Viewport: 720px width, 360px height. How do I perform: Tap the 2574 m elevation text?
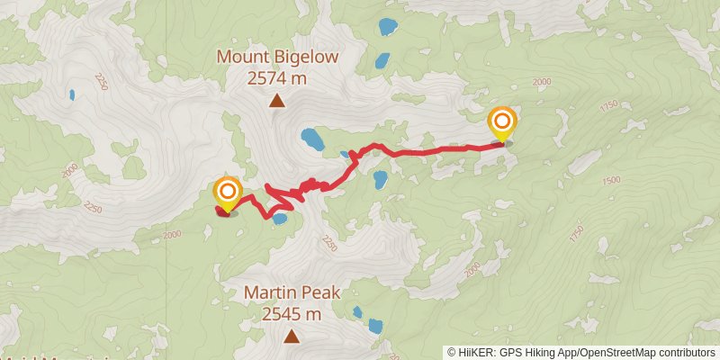(x=278, y=78)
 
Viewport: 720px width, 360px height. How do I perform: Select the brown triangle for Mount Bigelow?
(x=277, y=101)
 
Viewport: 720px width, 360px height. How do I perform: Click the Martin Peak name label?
(x=292, y=294)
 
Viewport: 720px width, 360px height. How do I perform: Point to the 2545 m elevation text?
(x=292, y=314)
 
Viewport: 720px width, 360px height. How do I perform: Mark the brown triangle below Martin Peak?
(x=292, y=337)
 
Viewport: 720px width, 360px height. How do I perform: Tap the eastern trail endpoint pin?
(x=501, y=122)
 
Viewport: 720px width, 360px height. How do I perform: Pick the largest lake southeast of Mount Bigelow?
(x=312, y=139)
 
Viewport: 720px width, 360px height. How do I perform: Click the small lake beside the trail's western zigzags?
(x=280, y=218)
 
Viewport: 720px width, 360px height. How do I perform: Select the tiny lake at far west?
(x=71, y=94)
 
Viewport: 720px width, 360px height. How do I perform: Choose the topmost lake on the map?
(x=388, y=25)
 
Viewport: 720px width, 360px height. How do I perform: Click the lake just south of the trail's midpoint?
(x=381, y=178)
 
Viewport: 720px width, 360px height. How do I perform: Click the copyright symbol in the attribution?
(x=451, y=353)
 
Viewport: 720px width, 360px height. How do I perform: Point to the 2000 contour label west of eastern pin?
(x=541, y=82)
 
